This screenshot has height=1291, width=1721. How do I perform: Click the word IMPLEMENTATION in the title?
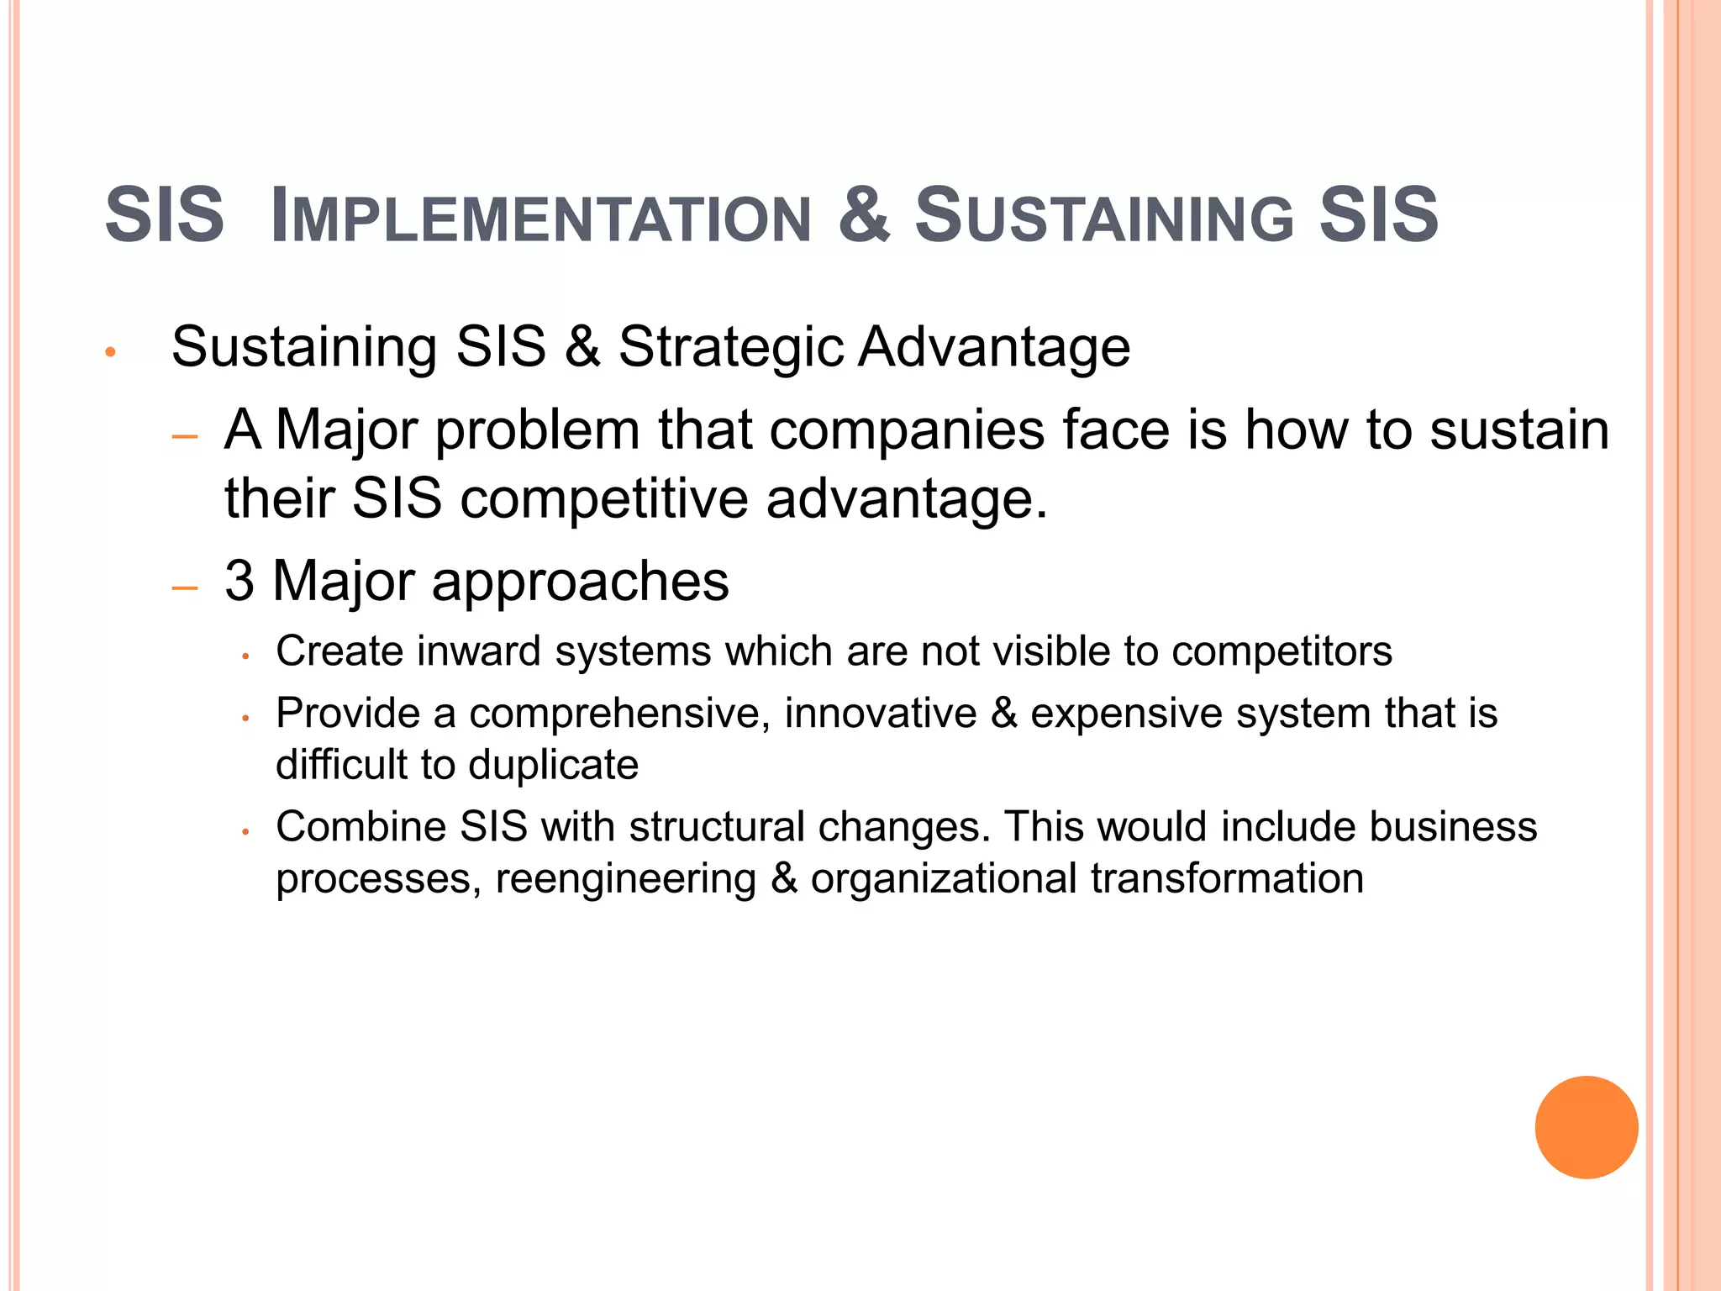click(x=541, y=217)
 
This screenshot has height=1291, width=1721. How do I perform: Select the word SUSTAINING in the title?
click(x=1104, y=217)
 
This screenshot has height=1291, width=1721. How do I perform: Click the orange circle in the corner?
click(x=1586, y=1127)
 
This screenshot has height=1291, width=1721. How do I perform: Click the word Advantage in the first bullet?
click(x=993, y=347)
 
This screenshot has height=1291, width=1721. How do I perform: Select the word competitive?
click(x=603, y=498)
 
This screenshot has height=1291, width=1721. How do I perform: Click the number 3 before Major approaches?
click(x=239, y=581)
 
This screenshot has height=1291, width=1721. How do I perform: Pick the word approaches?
click(x=580, y=582)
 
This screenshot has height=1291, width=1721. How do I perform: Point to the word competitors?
click(x=1282, y=651)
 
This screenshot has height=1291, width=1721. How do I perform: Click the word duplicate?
click(x=553, y=765)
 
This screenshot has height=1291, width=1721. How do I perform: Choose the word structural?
click(x=717, y=826)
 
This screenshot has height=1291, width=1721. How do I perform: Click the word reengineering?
click(x=626, y=879)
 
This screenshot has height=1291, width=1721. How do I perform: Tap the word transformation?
click(x=1227, y=879)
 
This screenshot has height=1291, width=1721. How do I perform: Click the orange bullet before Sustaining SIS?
click(x=110, y=351)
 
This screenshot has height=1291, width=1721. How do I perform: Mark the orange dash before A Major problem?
click(x=184, y=437)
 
